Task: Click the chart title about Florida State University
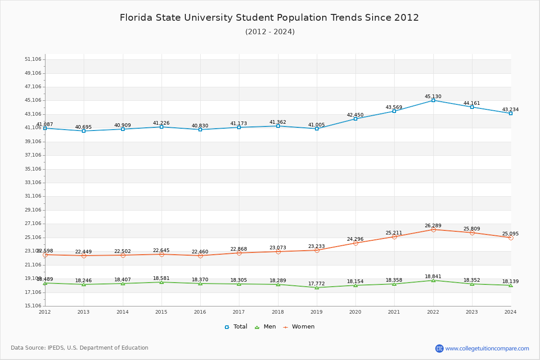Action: click(x=269, y=18)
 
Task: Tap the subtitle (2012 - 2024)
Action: click(x=270, y=32)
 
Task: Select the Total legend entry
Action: click(x=236, y=327)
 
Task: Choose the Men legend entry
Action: click(x=265, y=327)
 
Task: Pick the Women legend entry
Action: click(x=299, y=327)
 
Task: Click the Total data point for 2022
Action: click(x=433, y=100)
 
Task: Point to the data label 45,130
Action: click(x=433, y=96)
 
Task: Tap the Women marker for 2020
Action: click(x=355, y=243)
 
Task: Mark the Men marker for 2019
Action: click(x=317, y=288)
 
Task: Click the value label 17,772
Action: click(x=316, y=283)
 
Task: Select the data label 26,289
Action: click(x=433, y=225)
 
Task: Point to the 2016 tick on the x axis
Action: click(x=200, y=312)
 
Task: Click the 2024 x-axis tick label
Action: click(x=510, y=312)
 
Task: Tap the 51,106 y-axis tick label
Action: click(x=33, y=59)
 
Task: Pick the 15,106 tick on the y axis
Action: click(x=33, y=306)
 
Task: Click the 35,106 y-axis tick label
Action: click(x=33, y=169)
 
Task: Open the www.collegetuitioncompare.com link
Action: click(x=487, y=348)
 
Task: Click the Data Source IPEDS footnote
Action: click(x=80, y=348)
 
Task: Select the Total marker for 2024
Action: click(x=511, y=113)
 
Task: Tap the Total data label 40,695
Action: click(x=83, y=127)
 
